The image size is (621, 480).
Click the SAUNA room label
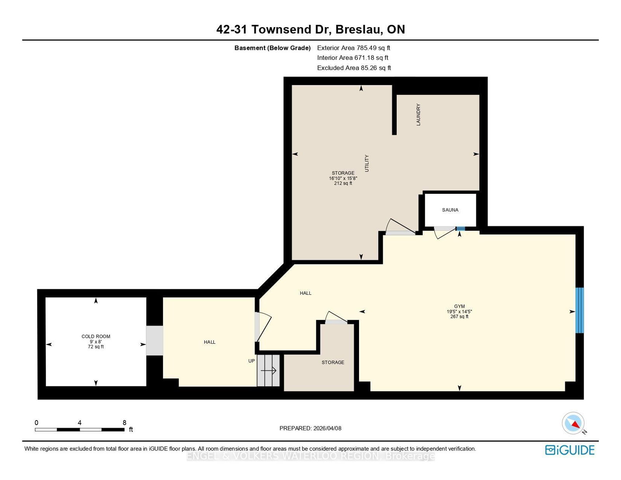click(450, 210)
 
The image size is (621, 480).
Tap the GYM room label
click(459, 306)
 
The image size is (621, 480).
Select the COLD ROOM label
click(96, 336)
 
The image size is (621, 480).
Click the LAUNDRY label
click(418, 114)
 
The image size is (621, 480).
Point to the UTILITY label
click(367, 163)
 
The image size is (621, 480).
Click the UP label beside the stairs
click(252, 361)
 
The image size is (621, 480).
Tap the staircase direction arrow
click(268, 370)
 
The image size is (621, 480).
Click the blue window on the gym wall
click(579, 310)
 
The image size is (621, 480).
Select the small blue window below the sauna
click(460, 228)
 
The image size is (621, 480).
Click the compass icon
click(573, 423)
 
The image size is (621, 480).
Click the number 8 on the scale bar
click(124, 423)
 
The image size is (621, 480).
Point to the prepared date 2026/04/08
click(327, 428)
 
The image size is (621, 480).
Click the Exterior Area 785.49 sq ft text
click(354, 48)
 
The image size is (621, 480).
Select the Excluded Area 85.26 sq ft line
click(354, 68)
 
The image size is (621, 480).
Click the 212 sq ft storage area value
click(343, 183)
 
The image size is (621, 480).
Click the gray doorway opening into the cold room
click(154, 340)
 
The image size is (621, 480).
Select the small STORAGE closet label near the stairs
click(333, 362)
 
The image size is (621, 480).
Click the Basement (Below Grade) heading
click(272, 48)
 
